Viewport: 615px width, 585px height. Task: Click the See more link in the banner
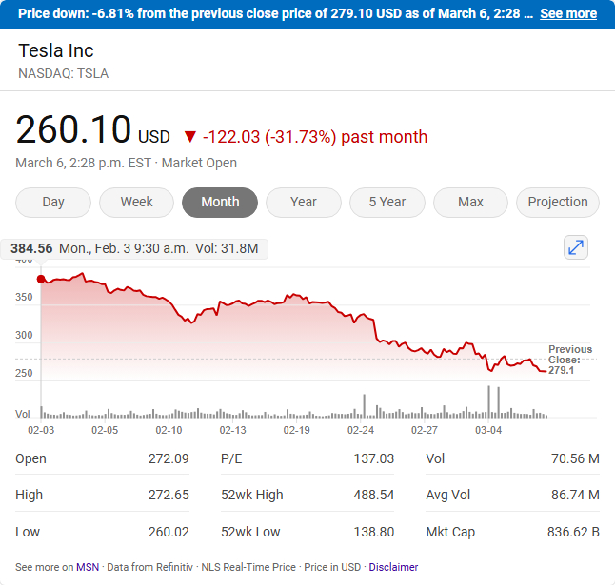point(567,13)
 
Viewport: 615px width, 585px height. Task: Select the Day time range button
point(53,202)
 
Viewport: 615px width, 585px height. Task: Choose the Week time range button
point(136,202)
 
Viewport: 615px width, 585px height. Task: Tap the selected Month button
point(220,202)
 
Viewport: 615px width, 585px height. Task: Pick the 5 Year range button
point(387,202)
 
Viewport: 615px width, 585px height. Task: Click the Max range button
point(470,202)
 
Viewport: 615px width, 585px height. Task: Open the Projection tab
point(558,202)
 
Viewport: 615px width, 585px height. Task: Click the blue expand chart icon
point(576,247)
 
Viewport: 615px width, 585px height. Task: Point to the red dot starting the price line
point(41,279)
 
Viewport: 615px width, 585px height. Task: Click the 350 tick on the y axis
point(24,298)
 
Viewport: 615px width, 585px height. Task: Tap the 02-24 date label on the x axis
point(361,430)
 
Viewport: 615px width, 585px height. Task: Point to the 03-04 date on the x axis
point(488,430)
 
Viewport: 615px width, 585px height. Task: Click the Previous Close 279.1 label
point(569,360)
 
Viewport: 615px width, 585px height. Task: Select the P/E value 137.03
point(373,458)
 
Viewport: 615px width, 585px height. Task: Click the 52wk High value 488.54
point(373,495)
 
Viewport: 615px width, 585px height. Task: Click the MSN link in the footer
point(88,567)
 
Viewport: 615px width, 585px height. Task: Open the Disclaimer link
point(393,567)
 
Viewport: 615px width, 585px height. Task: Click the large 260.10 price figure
point(73,130)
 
